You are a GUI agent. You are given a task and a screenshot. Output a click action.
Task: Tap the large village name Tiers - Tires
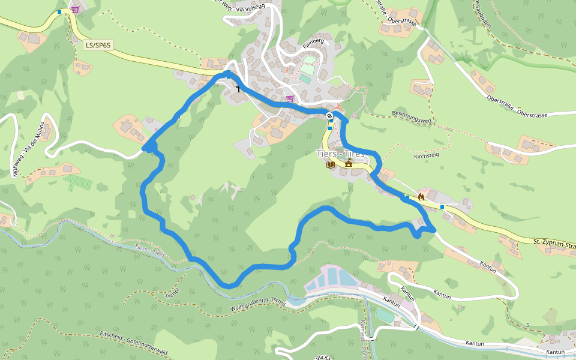tap(340, 154)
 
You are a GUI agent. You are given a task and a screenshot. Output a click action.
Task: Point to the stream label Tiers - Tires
tap(150, 250)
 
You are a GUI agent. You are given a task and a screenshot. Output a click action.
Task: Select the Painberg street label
tap(313, 41)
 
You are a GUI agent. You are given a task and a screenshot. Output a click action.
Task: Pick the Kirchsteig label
tap(427, 156)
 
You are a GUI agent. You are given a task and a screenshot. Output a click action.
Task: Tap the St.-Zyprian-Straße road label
tap(553, 242)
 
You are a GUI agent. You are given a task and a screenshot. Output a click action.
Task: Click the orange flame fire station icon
tap(421, 196)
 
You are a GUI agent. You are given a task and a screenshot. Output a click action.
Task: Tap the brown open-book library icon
tap(330, 164)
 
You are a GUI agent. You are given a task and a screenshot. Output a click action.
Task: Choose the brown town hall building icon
tap(348, 163)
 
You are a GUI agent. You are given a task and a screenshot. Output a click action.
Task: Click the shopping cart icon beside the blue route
tap(290, 98)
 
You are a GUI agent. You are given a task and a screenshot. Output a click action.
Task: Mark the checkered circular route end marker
tap(329, 115)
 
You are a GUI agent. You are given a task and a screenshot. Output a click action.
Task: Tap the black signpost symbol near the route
tap(238, 89)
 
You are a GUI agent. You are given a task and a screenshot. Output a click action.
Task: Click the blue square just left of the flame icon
tap(407, 196)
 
